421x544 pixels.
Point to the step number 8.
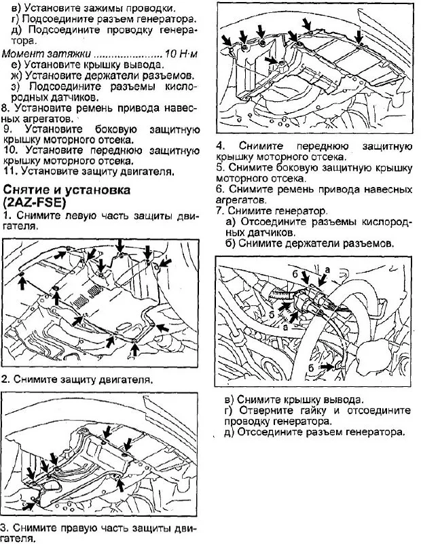click(x=6, y=107)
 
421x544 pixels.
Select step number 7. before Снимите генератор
click(x=220, y=211)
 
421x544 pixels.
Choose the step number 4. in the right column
click(x=221, y=146)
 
